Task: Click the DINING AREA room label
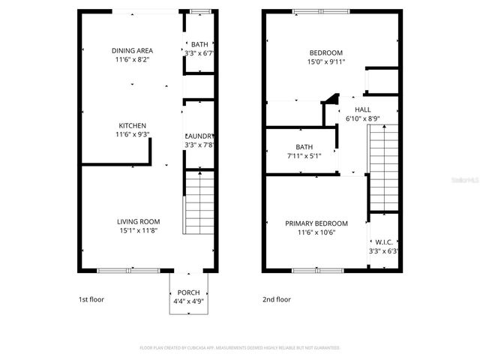coord(132,50)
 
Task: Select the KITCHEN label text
coord(132,125)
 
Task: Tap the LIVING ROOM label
coord(138,221)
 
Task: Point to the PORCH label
coord(188,292)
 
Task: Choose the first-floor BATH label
coord(199,44)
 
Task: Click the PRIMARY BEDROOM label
coord(316,223)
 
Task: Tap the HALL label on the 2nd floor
coord(363,109)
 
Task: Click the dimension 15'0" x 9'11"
coord(326,61)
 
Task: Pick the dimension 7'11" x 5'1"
coord(304,156)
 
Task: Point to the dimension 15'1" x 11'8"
coord(138,231)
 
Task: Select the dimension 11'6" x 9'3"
coord(132,135)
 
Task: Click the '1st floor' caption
coord(91,299)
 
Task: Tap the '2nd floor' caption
coord(277,299)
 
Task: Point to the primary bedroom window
coord(313,270)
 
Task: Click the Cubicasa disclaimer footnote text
coord(240,348)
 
